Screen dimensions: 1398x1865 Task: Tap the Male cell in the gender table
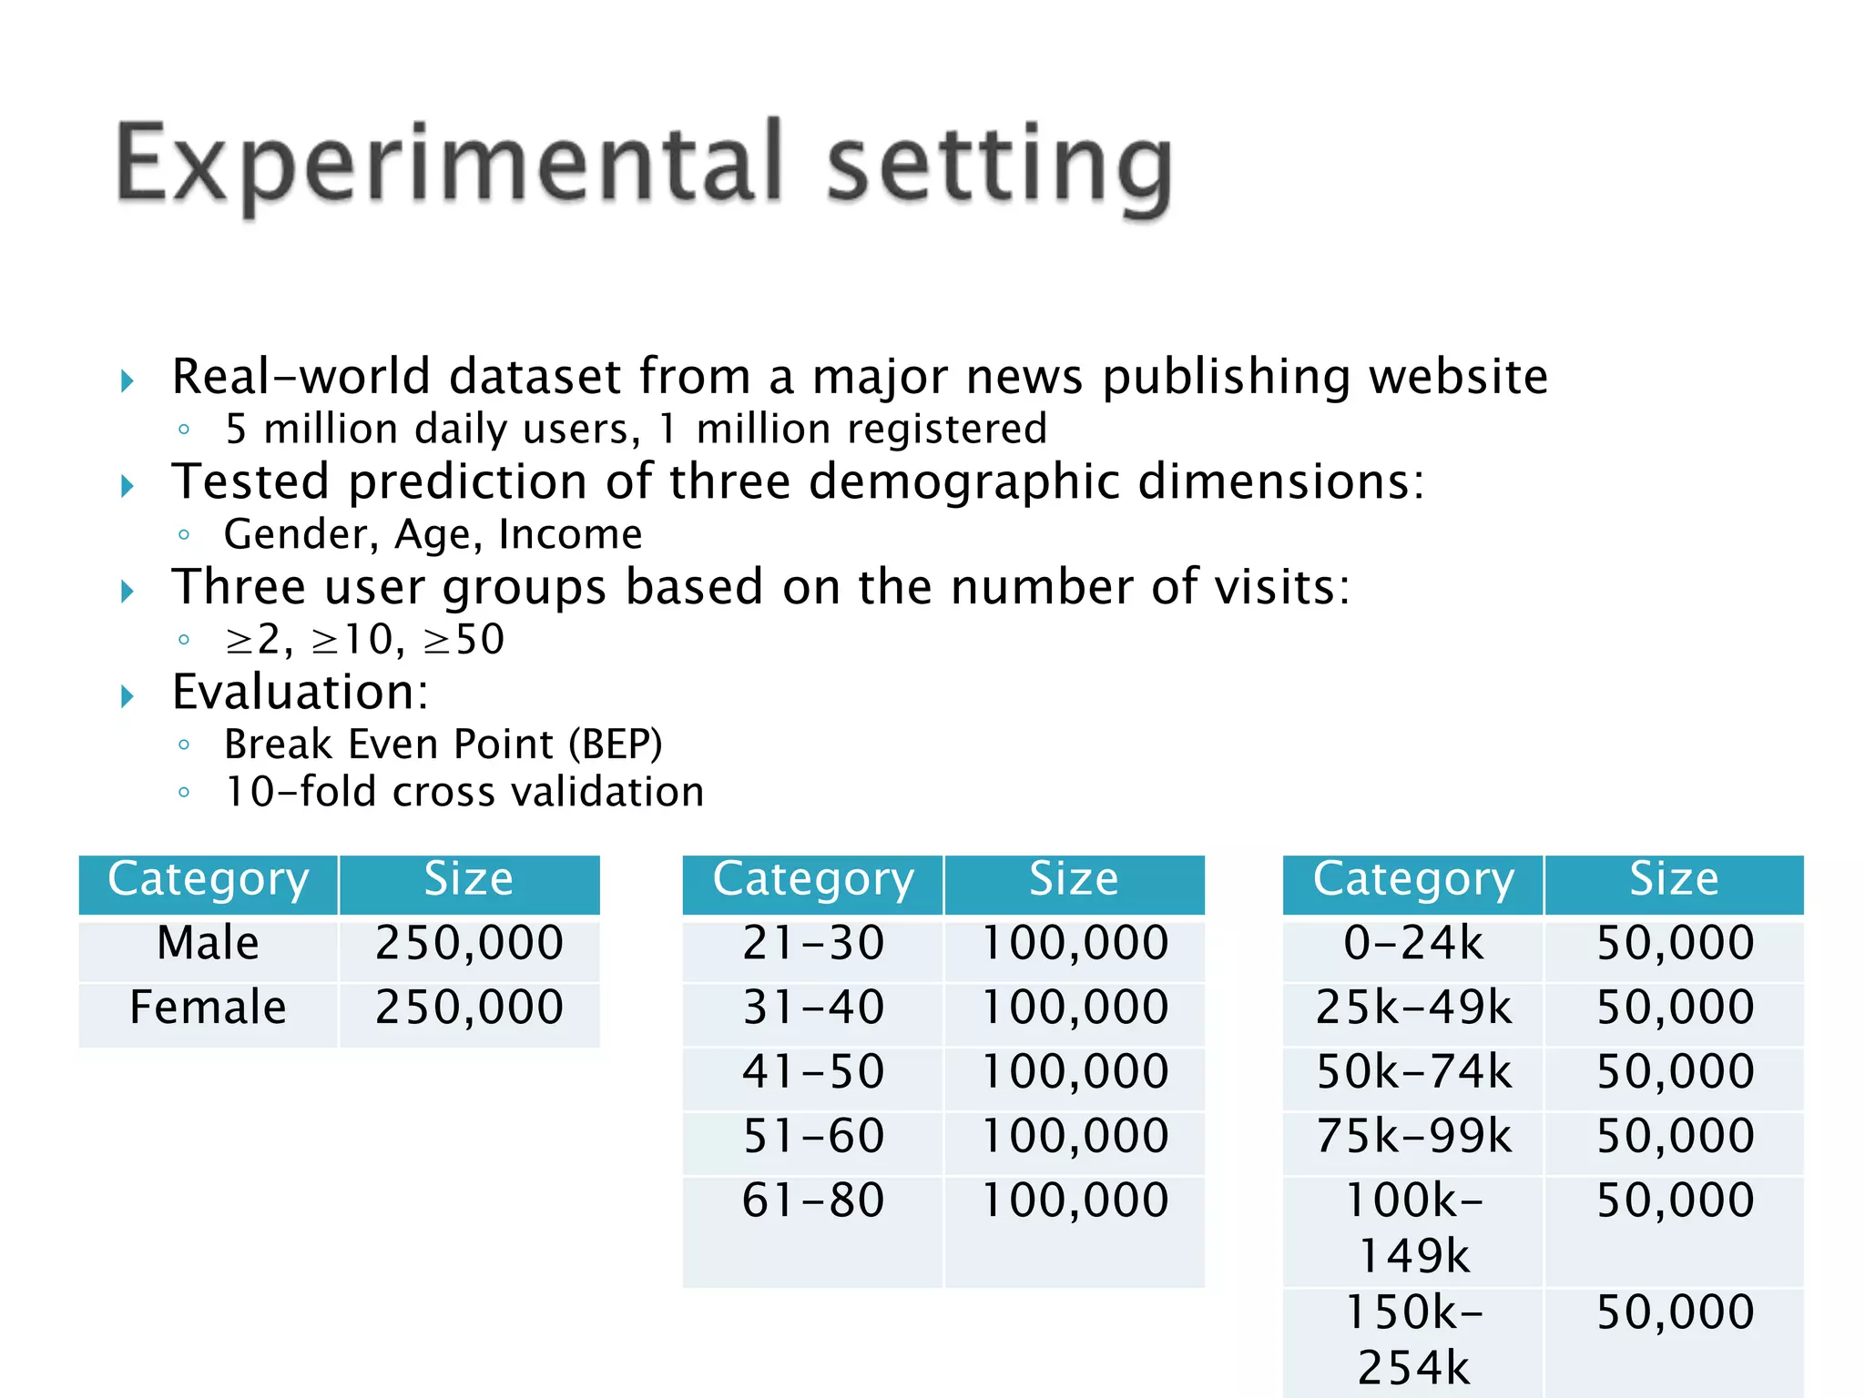coord(208,943)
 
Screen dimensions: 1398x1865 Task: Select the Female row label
coord(208,1008)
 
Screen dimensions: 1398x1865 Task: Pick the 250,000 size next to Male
coord(469,943)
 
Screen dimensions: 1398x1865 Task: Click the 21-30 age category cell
coord(812,943)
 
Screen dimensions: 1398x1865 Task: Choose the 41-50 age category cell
coord(812,1072)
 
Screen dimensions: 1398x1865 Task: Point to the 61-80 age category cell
coord(812,1200)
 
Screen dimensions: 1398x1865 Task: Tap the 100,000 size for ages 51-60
coord(1075,1136)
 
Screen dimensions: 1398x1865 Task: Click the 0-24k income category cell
coord(1413,943)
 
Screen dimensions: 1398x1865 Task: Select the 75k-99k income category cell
coord(1413,1136)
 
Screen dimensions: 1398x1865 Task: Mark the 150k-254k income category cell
coord(1413,1339)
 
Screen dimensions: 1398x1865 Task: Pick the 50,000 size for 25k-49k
coord(1675,1008)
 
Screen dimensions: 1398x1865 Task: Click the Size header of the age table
coord(1074,880)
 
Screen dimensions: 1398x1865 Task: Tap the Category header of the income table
coord(1413,880)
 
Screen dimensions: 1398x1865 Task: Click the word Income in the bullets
coord(570,534)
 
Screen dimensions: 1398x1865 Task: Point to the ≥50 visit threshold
coord(464,639)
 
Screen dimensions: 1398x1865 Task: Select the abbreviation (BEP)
coord(616,745)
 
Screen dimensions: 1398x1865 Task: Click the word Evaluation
coord(299,692)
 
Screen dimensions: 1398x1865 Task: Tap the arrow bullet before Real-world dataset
coord(127,380)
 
